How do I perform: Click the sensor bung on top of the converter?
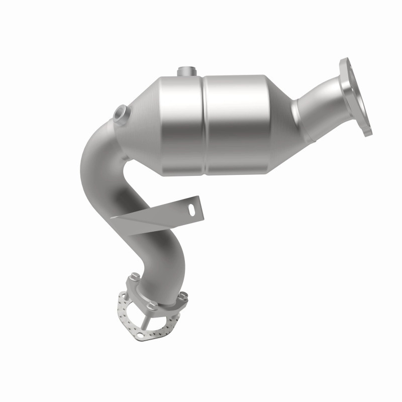tap(187, 72)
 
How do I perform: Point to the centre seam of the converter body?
tap(206, 126)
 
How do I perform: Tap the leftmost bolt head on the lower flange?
tap(134, 276)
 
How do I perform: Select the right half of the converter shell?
tap(241, 126)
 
